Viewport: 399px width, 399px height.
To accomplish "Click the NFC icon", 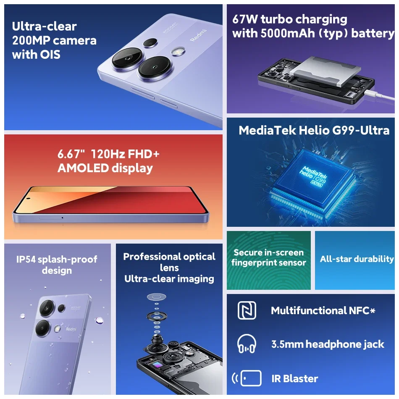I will pyautogui.click(x=247, y=310).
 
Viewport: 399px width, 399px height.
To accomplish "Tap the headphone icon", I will pyautogui.click(x=247, y=344).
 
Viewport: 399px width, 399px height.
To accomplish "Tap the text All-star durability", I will pyautogui.click(x=357, y=259).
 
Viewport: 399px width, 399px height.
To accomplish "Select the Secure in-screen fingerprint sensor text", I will pyautogui.click(x=269, y=257).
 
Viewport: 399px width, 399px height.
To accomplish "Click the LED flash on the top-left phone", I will pyautogui.click(x=178, y=51).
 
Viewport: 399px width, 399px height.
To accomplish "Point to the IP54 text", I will pyautogui.click(x=26, y=259).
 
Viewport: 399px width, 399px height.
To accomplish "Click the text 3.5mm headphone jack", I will pyautogui.click(x=328, y=344).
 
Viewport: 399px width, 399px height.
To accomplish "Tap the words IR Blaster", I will pyautogui.click(x=294, y=378).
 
